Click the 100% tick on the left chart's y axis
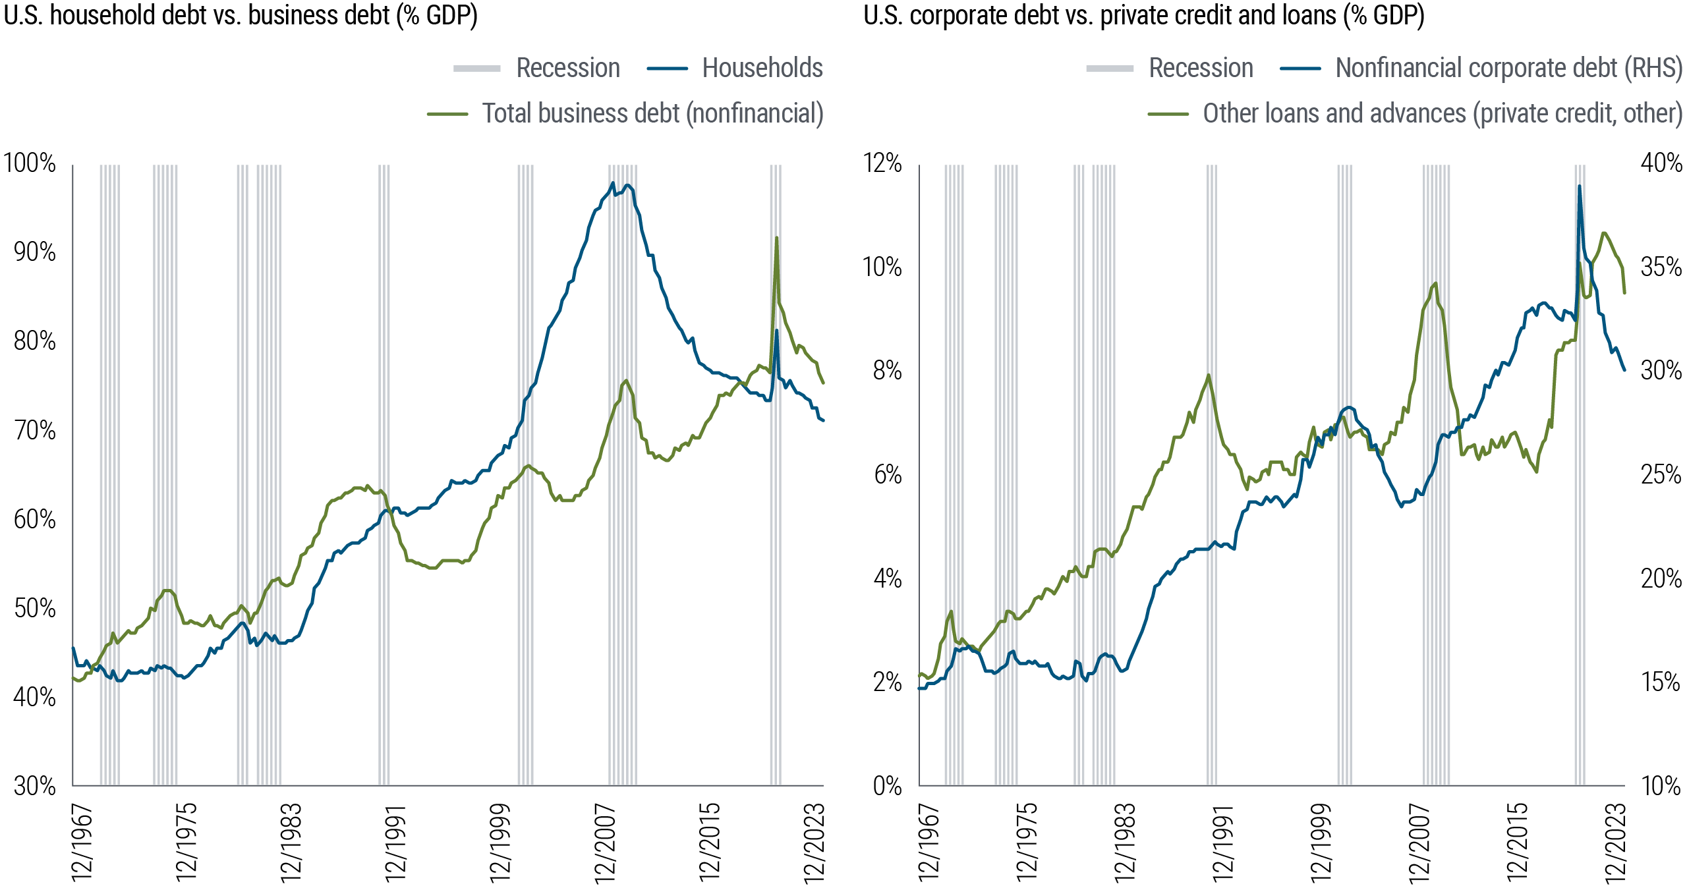coord(30,163)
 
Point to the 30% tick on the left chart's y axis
coord(34,786)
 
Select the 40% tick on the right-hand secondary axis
coord(1661,163)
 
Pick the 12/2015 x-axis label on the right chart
coord(1516,843)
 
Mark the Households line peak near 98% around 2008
coord(613,183)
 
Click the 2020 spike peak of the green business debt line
coord(776,237)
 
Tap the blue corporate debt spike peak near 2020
coord(1579,186)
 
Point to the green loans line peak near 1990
coord(1208,375)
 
